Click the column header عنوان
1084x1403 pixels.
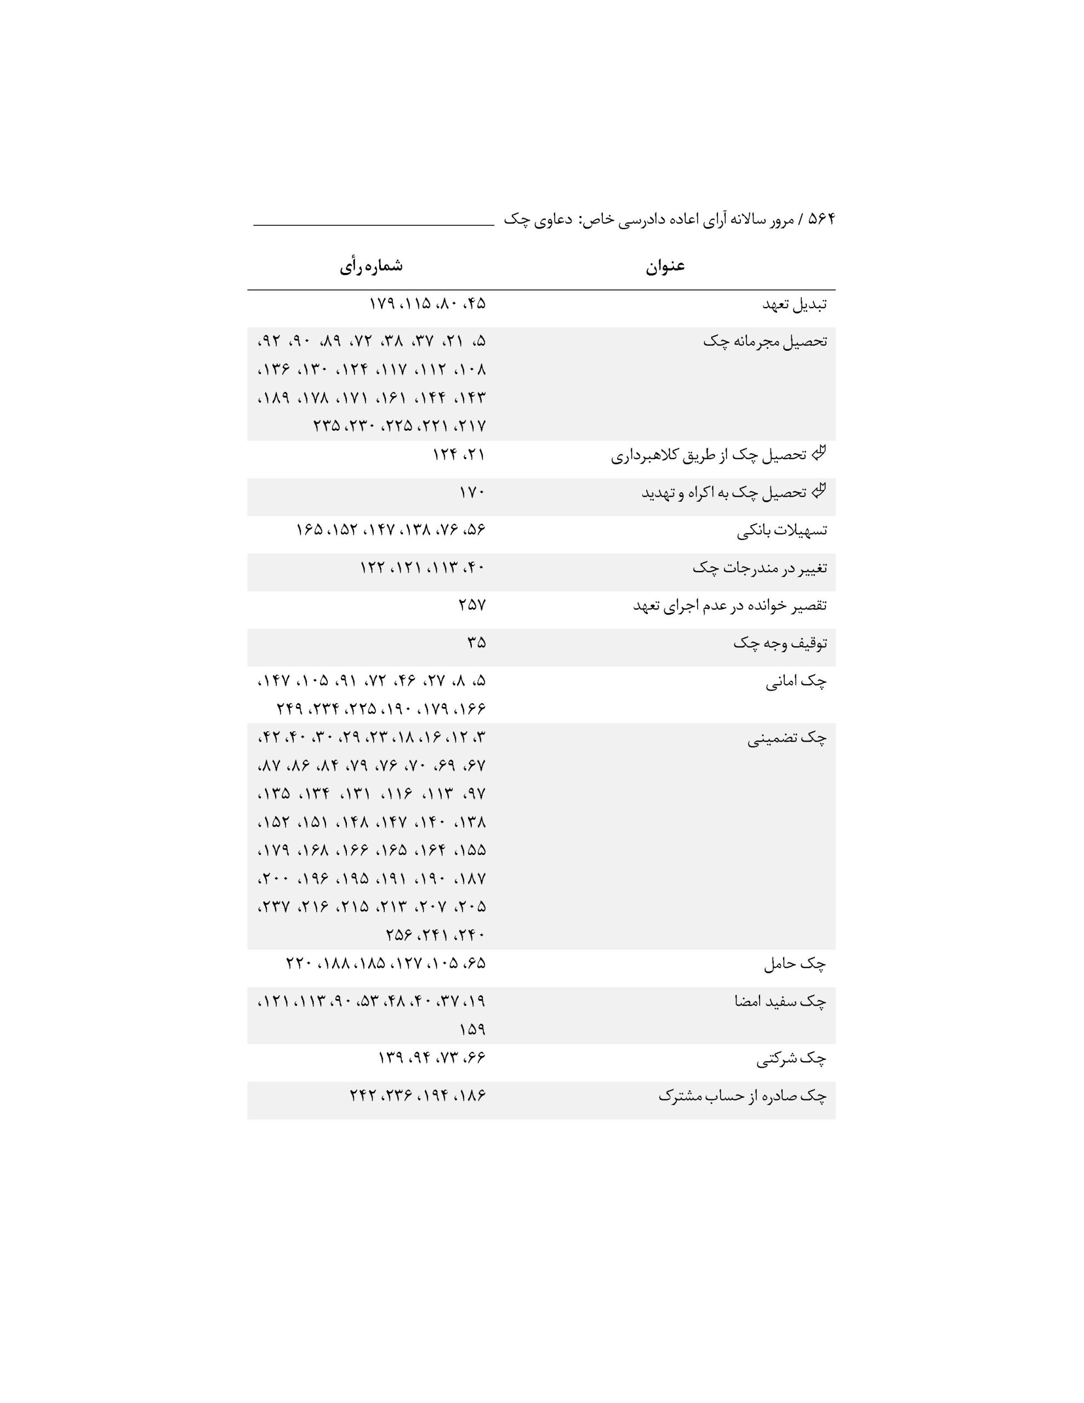[x=665, y=266]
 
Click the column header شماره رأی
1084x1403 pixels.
[x=372, y=266]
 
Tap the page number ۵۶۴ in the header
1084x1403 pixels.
[x=820, y=219]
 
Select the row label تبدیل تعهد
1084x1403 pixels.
[x=794, y=304]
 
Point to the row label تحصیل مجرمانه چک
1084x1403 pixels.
[x=764, y=341]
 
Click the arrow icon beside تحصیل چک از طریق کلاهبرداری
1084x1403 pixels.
[x=818, y=454]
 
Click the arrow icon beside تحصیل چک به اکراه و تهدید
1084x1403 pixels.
[x=818, y=492]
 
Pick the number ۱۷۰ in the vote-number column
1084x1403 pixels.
[x=472, y=493]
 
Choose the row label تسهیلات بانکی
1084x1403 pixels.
[x=781, y=531]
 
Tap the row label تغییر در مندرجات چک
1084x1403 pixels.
[x=760, y=568]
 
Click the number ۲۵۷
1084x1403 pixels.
[x=472, y=605]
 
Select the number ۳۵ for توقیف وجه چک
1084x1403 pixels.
[x=476, y=642]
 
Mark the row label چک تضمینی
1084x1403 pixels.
[x=786, y=739]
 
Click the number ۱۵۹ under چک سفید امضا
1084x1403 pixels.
[x=472, y=1030]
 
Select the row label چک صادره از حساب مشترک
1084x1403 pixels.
[x=742, y=1097]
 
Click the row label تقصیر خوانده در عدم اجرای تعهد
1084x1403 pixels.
[x=730, y=606]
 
